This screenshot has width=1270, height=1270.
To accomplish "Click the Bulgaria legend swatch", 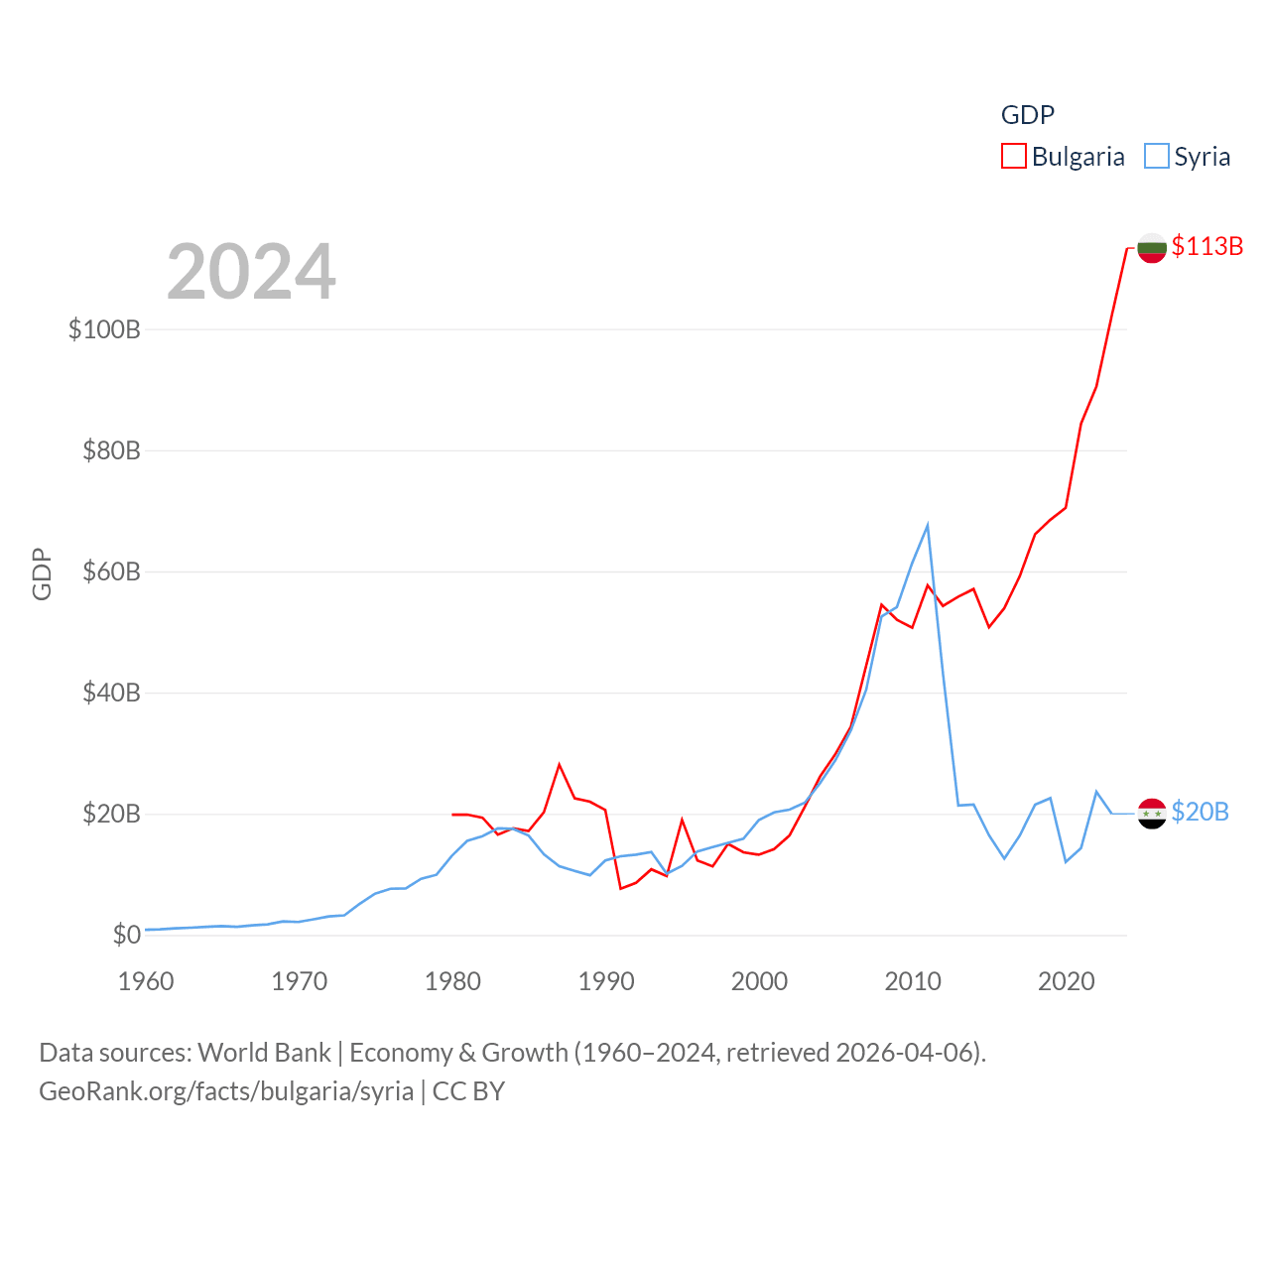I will [1013, 157].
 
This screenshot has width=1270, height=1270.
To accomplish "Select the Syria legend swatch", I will [1156, 157].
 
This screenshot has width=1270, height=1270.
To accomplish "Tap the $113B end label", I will [1206, 246].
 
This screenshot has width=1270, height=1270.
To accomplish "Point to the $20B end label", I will [1200, 812].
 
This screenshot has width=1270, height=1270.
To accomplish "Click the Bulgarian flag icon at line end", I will [1151, 247].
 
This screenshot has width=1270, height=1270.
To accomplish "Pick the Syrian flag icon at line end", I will [1151, 814].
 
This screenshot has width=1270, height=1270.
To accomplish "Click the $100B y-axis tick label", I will [104, 329].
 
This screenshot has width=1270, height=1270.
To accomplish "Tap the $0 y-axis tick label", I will [126, 935].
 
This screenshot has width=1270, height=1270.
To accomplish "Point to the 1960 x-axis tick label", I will [146, 981].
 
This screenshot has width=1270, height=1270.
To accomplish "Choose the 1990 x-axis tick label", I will [606, 981].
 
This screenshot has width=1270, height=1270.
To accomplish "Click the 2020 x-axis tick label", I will [1066, 981].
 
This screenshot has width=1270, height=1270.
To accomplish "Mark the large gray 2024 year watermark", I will [251, 272].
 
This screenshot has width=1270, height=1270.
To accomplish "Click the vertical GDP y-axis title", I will [42, 573].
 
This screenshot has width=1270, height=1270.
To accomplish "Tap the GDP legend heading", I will [1027, 115].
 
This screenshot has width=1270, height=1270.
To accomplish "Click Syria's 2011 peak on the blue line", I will [928, 525].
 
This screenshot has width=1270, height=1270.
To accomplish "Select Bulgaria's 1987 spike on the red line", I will [560, 764].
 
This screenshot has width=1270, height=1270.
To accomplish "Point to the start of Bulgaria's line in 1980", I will [452, 815].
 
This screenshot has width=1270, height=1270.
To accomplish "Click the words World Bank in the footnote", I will [264, 1052].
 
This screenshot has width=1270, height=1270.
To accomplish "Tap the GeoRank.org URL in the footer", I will [226, 1091].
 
